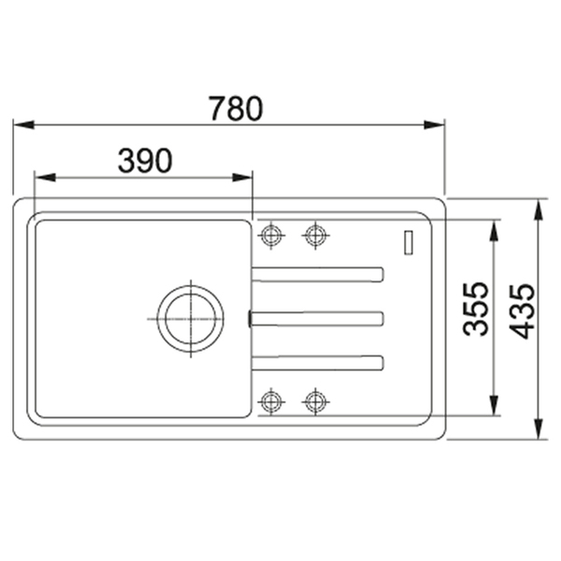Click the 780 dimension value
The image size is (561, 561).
237,108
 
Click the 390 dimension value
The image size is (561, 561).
145,161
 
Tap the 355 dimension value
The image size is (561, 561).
475,309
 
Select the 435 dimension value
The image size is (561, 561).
522,311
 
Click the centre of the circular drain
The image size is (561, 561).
191,319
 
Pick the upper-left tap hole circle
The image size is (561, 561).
271,236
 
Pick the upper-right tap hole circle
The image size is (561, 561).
316,236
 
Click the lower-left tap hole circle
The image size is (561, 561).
271,401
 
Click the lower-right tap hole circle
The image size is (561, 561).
316,401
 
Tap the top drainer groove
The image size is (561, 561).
318,274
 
